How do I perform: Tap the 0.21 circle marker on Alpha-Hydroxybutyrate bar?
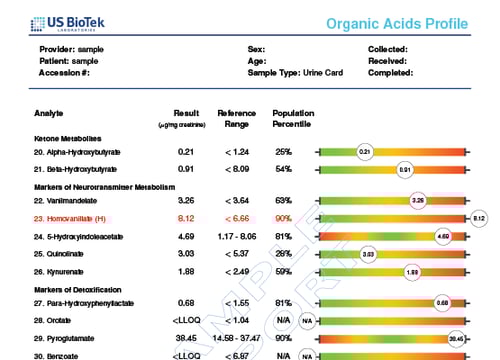click(365, 151)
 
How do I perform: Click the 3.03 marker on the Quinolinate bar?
click(368, 254)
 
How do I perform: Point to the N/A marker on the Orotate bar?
click(307, 321)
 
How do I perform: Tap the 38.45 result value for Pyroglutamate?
click(185, 339)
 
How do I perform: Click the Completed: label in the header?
click(390, 73)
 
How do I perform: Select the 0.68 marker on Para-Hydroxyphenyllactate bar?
click(441, 303)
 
